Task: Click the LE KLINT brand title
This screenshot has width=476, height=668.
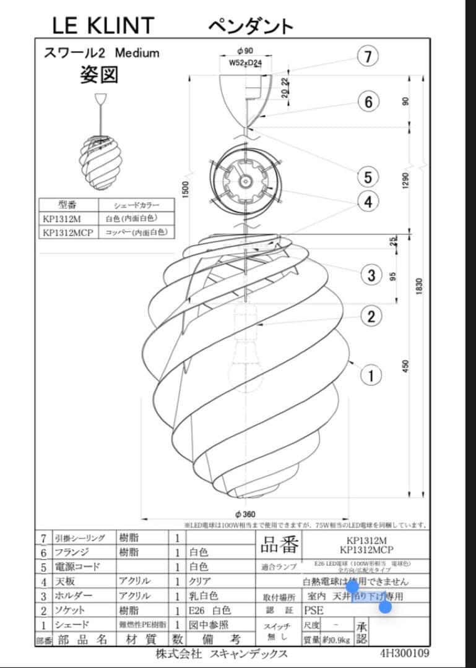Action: point(103,25)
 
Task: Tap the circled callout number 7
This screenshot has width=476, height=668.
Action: point(368,57)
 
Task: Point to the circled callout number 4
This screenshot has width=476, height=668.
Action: point(368,202)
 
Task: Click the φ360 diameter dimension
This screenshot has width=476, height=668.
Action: point(246,514)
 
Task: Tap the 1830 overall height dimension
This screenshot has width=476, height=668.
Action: point(420,286)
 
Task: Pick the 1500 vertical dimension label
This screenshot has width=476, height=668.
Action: point(186,190)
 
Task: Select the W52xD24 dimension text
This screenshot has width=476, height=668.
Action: point(246,62)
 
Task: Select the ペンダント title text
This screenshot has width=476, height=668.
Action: point(250,26)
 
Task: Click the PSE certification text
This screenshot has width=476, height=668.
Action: point(314,610)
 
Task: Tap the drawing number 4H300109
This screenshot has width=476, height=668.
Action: point(404,653)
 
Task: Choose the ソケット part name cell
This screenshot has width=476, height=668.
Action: point(67,610)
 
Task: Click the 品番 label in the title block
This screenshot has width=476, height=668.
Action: point(279,546)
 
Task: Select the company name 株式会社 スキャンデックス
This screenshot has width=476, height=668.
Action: point(222,654)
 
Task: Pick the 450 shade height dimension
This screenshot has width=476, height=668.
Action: point(406,366)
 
